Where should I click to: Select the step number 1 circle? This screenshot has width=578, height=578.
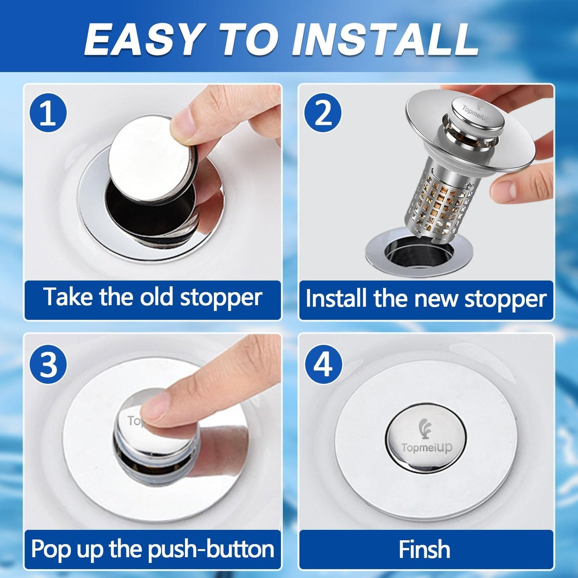(48, 113)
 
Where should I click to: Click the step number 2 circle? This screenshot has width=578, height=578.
(323, 113)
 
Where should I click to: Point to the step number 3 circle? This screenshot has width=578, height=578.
(48, 364)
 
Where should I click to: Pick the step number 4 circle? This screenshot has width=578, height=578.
(323, 364)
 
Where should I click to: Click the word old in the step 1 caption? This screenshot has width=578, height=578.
(156, 297)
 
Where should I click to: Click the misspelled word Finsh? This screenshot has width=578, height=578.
(424, 549)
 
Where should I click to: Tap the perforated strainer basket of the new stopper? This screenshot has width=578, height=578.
(440, 200)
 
